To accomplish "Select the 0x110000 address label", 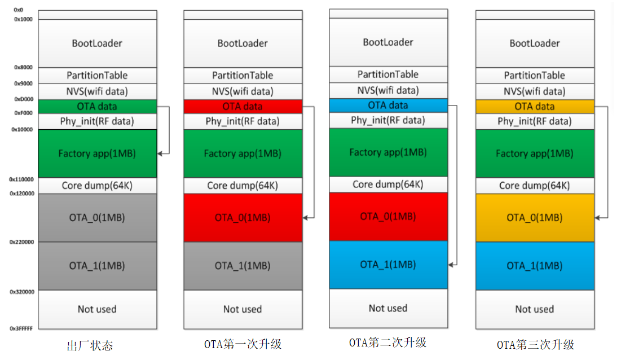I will point(22,179).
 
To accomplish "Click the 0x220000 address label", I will point(22,242).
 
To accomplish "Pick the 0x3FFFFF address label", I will point(22,328).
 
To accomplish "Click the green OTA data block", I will point(97,106).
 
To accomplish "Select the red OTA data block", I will point(243,106).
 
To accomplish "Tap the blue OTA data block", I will point(388,105).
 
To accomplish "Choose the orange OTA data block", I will point(535,106).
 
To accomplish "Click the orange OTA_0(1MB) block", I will point(535,218).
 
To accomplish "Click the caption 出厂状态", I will point(90,345).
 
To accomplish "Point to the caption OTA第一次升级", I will point(243,344).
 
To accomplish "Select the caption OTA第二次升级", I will point(388,343).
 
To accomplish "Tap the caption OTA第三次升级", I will point(535,344).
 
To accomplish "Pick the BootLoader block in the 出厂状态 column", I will point(97,43).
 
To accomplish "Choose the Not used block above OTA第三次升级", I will point(535,309).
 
